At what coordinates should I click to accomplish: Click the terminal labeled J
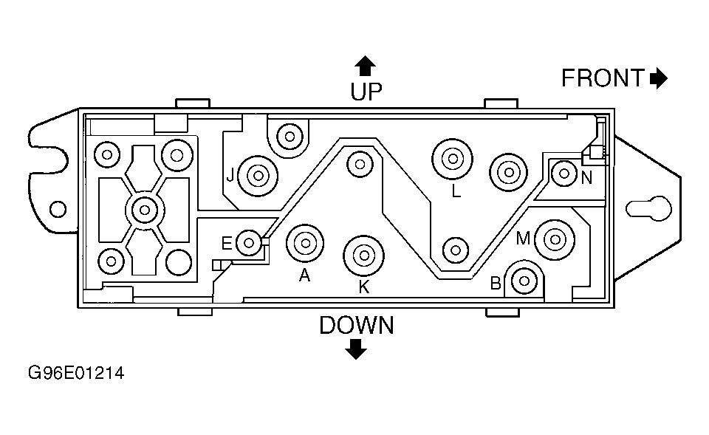[258, 176]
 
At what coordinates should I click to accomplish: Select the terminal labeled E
[249, 243]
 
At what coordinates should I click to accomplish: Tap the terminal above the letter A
[305, 243]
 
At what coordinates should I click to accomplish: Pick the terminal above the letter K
[363, 256]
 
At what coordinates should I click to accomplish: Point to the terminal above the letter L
[452, 159]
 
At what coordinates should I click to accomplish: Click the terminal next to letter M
[555, 240]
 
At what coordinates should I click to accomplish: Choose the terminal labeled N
[564, 173]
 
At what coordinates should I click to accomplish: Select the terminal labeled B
[524, 281]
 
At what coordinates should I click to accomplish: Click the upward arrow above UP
[365, 66]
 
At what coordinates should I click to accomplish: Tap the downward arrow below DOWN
[356, 349]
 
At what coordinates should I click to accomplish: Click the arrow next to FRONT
[658, 78]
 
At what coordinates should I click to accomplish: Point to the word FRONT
[603, 78]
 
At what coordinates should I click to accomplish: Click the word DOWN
[357, 326]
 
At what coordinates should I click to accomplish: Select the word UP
[366, 92]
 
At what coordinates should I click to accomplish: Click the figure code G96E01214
[76, 373]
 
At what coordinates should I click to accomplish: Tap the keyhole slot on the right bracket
[649, 208]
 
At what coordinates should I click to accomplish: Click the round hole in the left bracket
[58, 209]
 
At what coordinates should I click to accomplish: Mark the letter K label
[364, 287]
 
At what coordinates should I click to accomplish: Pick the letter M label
[523, 239]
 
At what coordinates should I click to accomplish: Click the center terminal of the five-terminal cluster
[145, 210]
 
